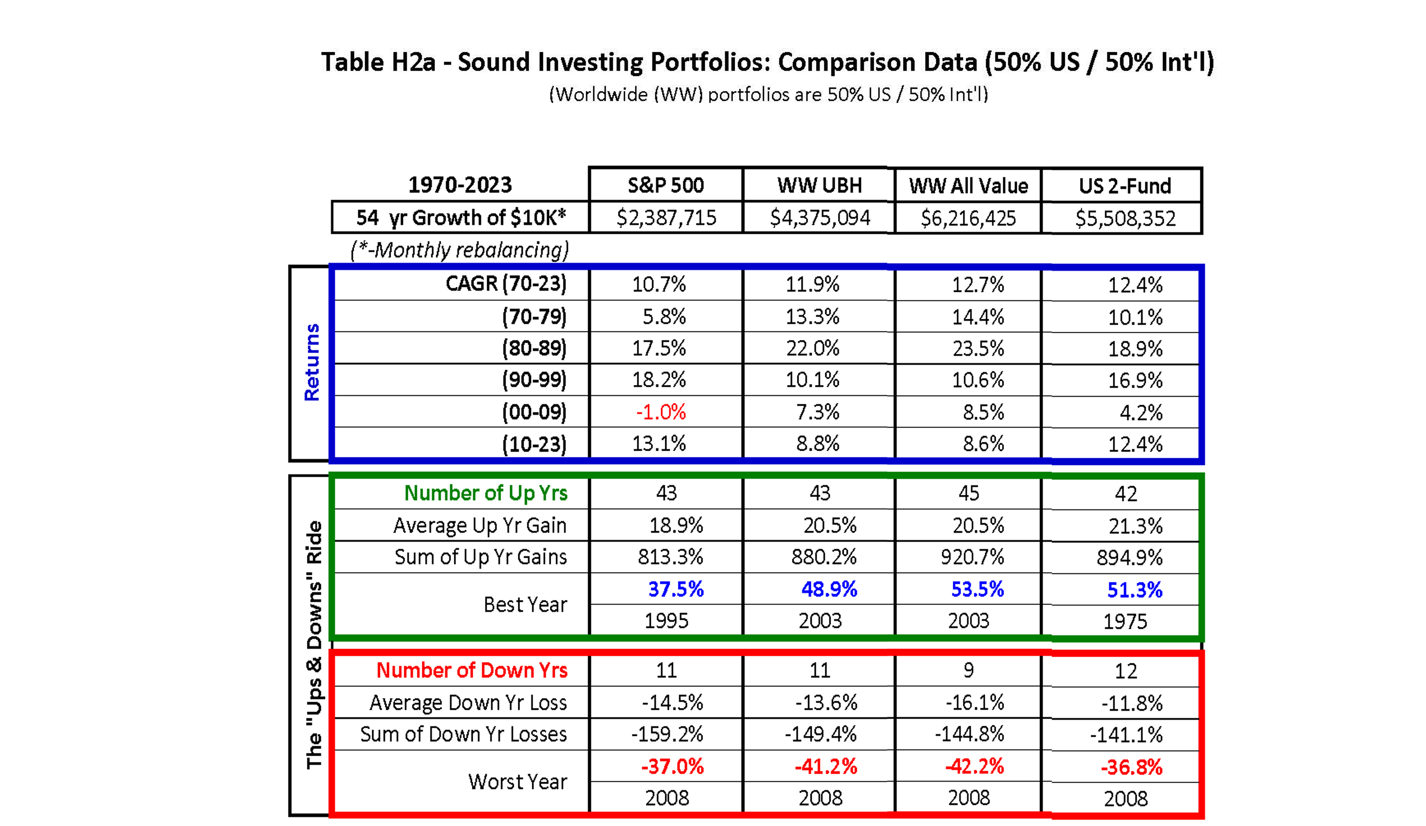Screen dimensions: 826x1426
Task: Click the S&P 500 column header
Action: click(x=666, y=185)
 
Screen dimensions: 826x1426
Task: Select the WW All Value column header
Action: click(x=968, y=186)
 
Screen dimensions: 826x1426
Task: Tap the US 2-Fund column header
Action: click(x=1125, y=186)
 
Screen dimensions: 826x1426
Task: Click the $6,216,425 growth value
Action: click(x=968, y=218)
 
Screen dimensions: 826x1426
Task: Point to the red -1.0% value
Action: click(x=661, y=412)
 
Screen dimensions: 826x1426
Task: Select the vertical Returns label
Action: click(x=312, y=362)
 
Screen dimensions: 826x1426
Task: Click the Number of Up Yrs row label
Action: click(x=485, y=493)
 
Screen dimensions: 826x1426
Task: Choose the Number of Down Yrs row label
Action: click(x=472, y=670)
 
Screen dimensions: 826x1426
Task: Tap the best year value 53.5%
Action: click(x=977, y=589)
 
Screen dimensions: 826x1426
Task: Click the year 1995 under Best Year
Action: click(x=666, y=621)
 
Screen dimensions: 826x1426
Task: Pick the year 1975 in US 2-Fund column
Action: click(x=1125, y=622)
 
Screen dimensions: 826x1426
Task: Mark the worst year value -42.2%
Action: click(x=974, y=767)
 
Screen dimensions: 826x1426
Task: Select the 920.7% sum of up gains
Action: click(x=972, y=557)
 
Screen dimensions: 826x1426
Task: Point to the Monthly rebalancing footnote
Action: click(x=459, y=250)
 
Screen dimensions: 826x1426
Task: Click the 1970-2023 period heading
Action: click(x=459, y=184)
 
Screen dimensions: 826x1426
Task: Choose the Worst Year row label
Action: click(x=517, y=782)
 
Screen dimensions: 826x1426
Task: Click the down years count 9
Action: click(x=968, y=670)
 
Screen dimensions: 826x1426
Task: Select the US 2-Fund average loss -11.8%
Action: click(x=1132, y=703)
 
